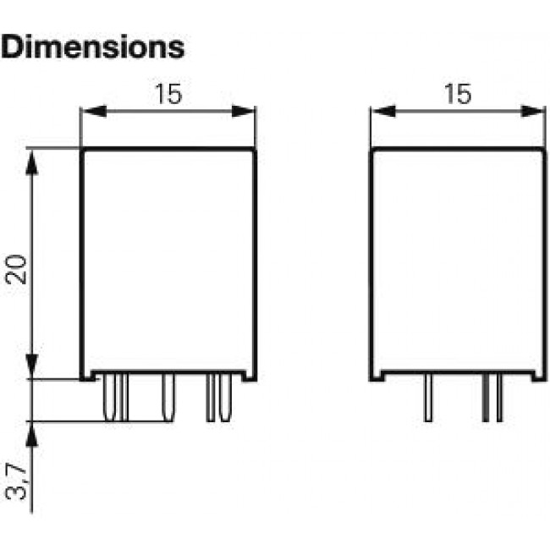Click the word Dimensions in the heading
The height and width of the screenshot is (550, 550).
[93, 47]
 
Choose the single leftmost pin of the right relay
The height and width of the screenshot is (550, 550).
[429, 399]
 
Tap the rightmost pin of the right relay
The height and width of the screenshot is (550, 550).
[500, 399]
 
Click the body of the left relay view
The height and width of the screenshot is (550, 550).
[168, 262]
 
